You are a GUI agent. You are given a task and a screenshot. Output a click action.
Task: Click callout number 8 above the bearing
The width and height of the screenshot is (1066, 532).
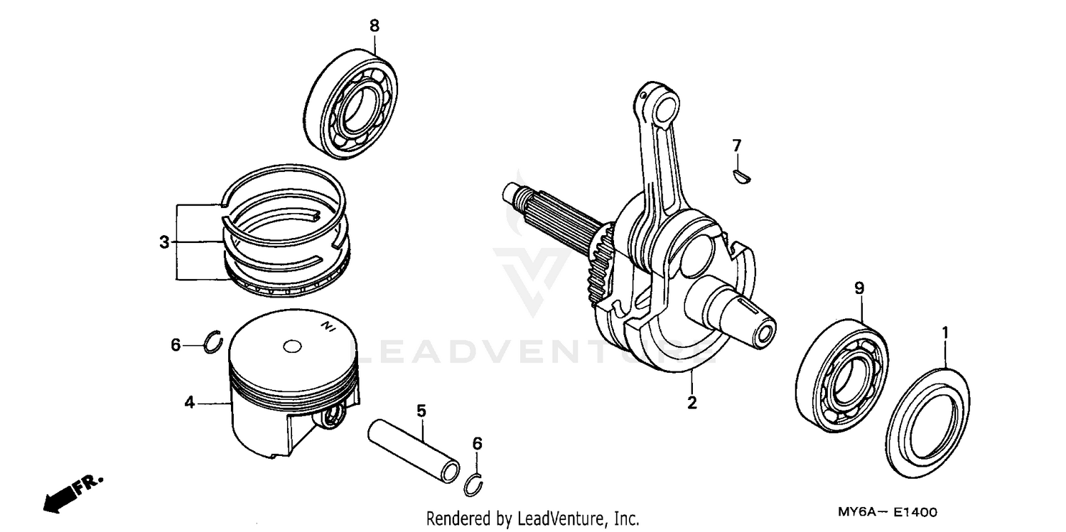[374, 26]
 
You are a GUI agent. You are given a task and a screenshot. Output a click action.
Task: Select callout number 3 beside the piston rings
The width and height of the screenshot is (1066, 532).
[164, 243]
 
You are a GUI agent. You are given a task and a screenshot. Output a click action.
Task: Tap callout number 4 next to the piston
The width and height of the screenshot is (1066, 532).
[189, 403]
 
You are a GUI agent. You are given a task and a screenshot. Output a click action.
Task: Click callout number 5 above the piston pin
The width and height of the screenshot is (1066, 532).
[421, 411]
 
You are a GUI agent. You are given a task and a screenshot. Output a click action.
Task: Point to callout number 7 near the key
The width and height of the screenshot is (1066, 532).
[737, 146]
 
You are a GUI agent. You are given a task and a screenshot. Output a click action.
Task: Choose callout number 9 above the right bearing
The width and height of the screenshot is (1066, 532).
[859, 288]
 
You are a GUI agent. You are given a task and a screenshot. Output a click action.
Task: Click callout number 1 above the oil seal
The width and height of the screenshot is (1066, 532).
[945, 332]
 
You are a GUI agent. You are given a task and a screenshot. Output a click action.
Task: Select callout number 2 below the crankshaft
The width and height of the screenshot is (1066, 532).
[691, 403]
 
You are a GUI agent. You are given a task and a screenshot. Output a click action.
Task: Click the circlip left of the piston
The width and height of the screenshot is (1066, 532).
[213, 342]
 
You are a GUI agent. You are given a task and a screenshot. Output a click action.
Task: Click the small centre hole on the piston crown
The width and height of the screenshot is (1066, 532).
[291, 347]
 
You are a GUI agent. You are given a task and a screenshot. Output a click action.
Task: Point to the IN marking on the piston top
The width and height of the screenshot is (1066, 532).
[328, 326]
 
